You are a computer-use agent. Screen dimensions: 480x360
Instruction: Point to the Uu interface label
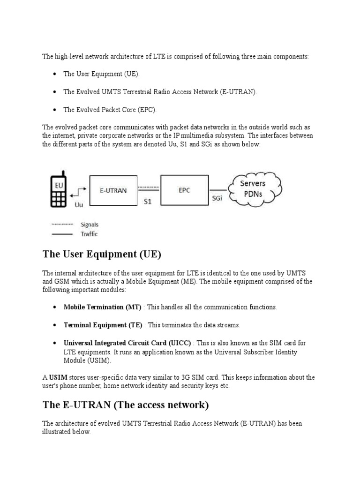79,204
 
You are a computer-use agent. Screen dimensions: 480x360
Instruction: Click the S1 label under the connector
147,202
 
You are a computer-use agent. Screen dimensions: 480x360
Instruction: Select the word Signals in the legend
90,225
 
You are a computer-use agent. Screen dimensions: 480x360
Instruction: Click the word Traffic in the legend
89,233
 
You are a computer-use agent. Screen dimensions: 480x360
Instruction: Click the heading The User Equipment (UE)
102,255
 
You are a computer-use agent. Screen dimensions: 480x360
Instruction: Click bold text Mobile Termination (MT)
102,307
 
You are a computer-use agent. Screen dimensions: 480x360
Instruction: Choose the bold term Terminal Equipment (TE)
103,325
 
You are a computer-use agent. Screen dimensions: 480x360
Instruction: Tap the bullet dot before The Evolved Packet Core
55,110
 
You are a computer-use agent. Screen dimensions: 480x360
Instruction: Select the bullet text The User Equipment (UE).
101,75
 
